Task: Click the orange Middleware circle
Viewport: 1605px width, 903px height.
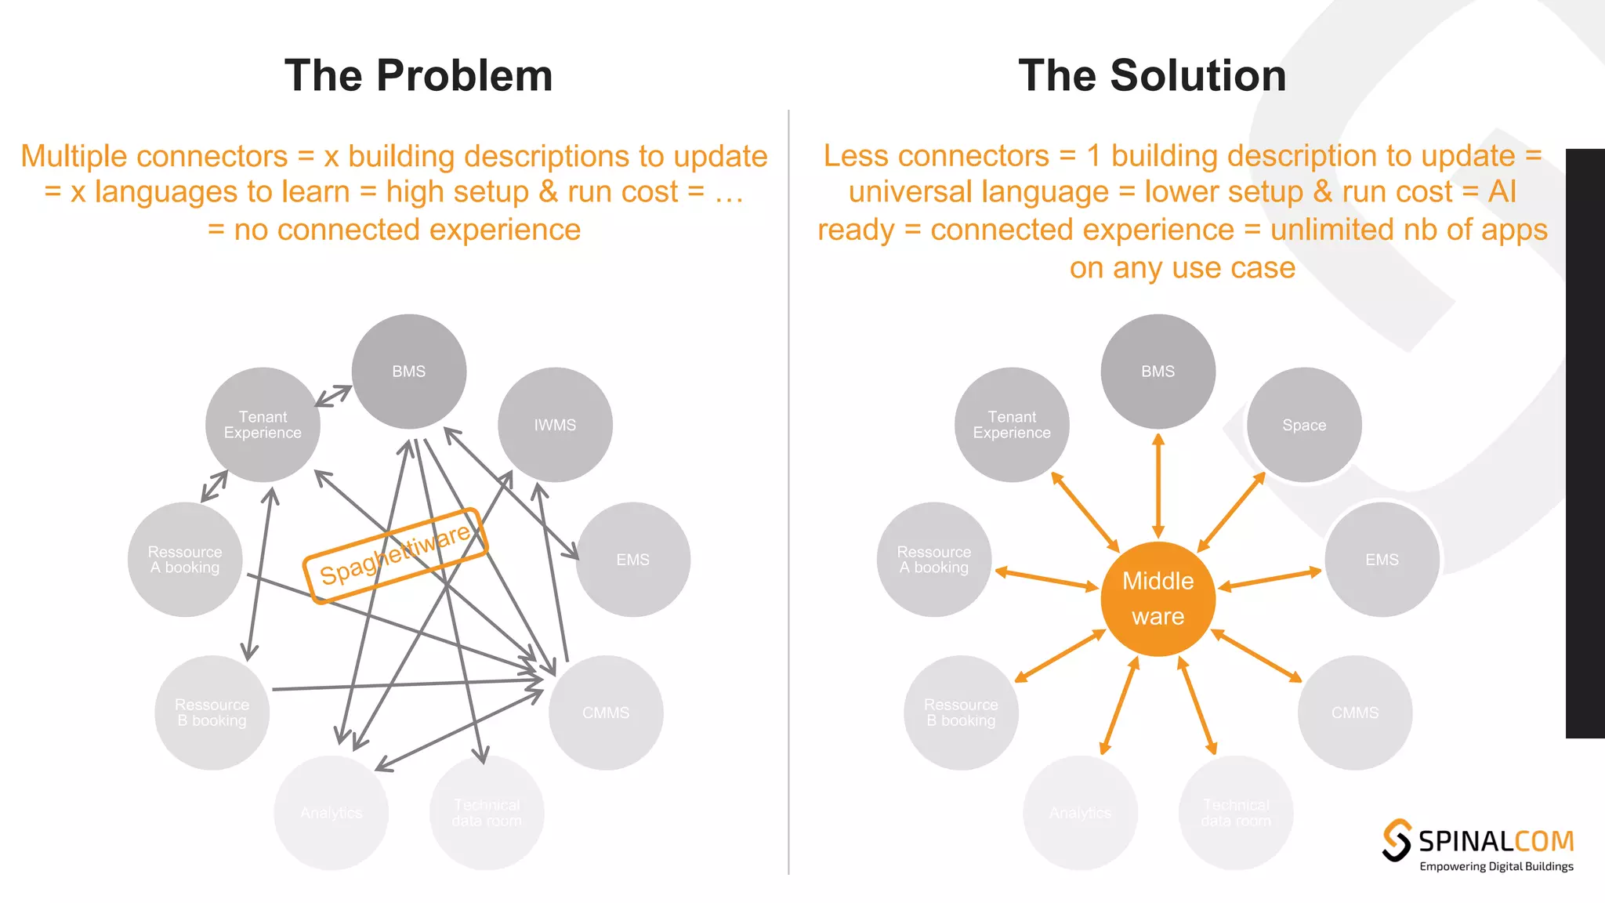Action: (1158, 598)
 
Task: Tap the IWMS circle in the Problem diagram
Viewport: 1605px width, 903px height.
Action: (555, 425)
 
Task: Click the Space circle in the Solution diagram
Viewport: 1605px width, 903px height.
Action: (1304, 425)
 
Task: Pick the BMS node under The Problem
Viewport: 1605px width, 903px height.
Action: (408, 372)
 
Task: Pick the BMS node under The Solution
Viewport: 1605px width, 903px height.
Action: (1158, 372)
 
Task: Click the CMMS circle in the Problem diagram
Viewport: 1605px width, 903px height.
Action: (606, 713)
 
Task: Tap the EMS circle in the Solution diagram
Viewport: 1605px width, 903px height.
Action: (1382, 560)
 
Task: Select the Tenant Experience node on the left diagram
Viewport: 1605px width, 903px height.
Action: (263, 425)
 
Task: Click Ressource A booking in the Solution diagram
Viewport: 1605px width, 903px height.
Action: (933, 560)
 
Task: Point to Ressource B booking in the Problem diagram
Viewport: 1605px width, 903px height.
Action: (212, 713)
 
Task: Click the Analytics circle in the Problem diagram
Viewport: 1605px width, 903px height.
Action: (331, 813)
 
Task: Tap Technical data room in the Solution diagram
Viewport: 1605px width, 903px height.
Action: (1236, 813)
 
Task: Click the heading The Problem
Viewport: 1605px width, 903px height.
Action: (418, 76)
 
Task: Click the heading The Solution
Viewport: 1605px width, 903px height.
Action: (1152, 76)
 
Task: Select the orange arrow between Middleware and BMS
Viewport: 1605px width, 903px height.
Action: (1158, 486)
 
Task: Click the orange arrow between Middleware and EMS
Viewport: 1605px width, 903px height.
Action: (1270, 579)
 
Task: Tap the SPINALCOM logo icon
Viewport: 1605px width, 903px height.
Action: (1397, 840)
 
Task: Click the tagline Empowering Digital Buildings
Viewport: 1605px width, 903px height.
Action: (1496, 866)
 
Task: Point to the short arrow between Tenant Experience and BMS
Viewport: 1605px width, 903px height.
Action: (334, 395)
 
